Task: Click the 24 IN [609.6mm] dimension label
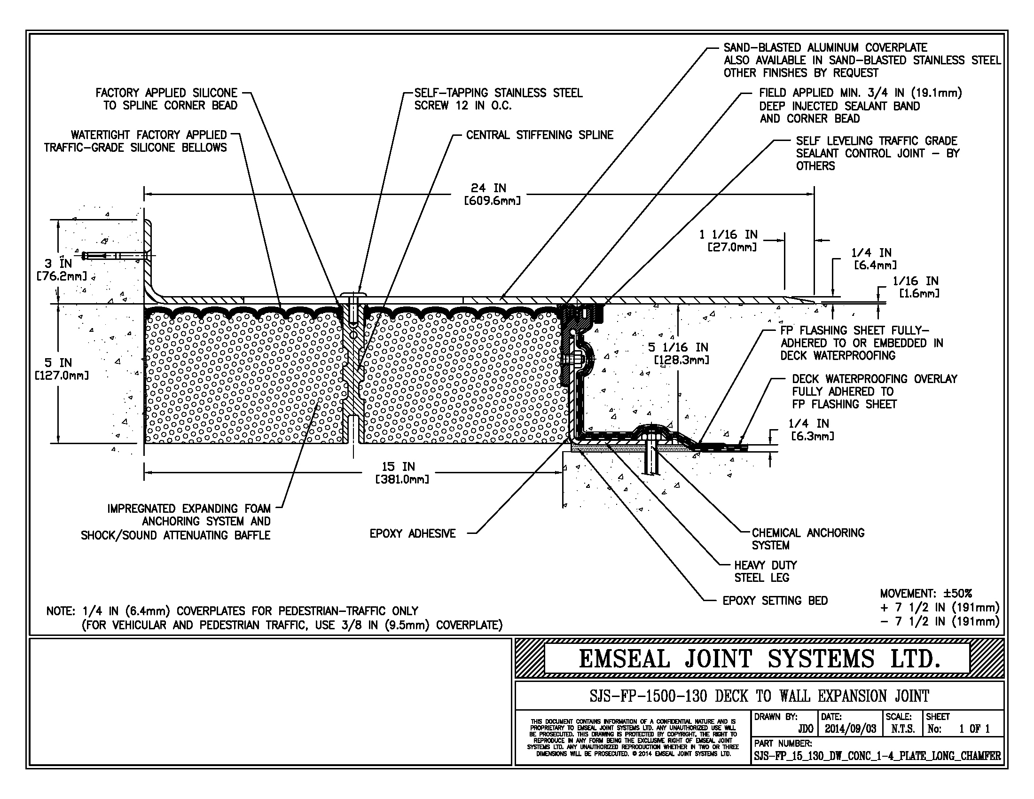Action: (493, 195)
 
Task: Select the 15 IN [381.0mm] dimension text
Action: (402, 473)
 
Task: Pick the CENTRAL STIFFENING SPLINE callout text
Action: (539, 135)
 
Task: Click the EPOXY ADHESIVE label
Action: (412, 533)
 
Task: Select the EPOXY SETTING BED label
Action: (775, 601)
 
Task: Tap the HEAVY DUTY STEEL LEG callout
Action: (765, 572)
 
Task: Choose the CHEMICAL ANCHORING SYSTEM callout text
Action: (807, 539)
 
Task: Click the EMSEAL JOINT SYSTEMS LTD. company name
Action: (759, 659)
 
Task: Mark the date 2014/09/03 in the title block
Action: (850, 729)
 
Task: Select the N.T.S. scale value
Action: (902, 729)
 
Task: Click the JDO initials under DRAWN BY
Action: (805, 729)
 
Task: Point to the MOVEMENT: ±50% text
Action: (925, 594)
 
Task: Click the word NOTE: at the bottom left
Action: (61, 611)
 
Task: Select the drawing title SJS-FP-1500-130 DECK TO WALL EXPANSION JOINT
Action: (759, 696)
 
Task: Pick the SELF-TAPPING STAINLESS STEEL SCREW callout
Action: (498, 99)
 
